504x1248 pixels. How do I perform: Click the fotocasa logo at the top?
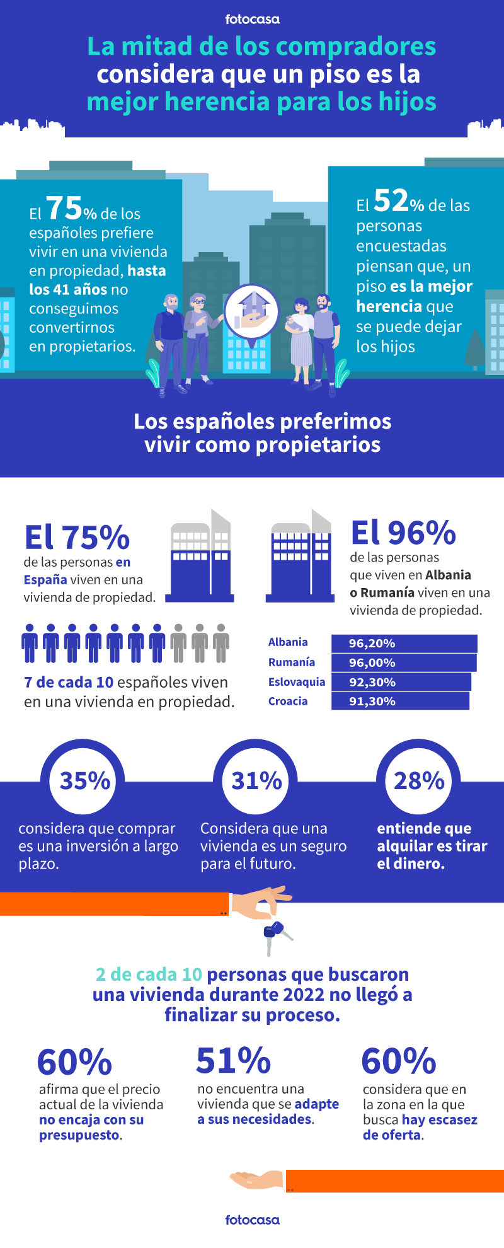click(x=252, y=20)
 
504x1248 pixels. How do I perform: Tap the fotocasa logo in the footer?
click(x=252, y=1220)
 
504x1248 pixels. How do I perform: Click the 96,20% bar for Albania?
click(x=404, y=644)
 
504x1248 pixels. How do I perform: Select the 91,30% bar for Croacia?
click(x=400, y=701)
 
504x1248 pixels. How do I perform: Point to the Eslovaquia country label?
click(x=296, y=682)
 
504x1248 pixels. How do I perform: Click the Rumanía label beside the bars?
click(x=291, y=662)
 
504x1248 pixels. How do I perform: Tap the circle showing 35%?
click(x=85, y=781)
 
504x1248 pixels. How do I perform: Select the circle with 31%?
click(x=256, y=781)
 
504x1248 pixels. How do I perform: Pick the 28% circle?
click(x=419, y=781)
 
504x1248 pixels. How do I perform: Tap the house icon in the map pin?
click(x=252, y=309)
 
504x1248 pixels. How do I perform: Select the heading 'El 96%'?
click(x=403, y=533)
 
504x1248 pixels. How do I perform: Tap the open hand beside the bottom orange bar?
click(x=256, y=1179)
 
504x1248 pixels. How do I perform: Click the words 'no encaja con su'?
click(x=91, y=1119)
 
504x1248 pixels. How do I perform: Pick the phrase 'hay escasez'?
click(x=440, y=1119)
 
